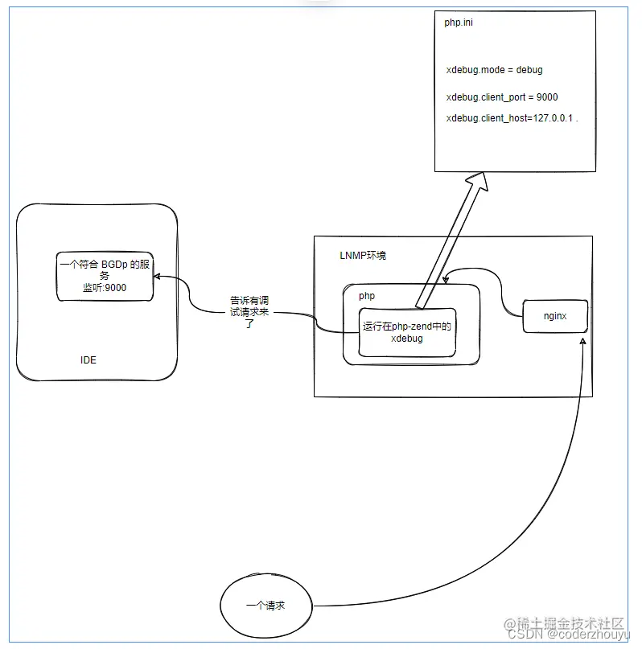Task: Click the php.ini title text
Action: [x=459, y=23]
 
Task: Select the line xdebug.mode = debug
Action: [x=494, y=70]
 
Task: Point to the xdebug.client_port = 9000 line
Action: [x=501, y=97]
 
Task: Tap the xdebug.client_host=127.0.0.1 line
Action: [x=511, y=118]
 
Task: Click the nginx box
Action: [x=554, y=316]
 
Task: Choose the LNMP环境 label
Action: [x=363, y=255]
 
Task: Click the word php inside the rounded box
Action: [x=366, y=296]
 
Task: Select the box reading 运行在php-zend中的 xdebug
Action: [x=406, y=332]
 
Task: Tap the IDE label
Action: [x=88, y=359]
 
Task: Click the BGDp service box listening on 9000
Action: [x=105, y=276]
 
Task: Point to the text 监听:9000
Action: [x=105, y=287]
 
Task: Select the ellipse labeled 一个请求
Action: [x=265, y=606]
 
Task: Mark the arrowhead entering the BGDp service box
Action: [x=158, y=277]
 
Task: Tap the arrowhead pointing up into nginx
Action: [x=584, y=342]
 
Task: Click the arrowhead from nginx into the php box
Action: [x=447, y=278]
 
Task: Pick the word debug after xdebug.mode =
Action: [x=529, y=70]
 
